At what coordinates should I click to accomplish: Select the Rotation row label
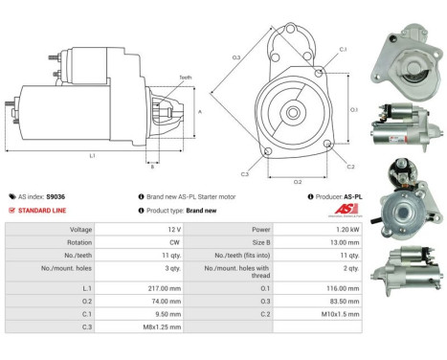point(79,244)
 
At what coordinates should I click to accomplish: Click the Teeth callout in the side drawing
point(185,78)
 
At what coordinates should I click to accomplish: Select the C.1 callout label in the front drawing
point(342,49)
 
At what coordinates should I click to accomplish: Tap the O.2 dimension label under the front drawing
point(298,181)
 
